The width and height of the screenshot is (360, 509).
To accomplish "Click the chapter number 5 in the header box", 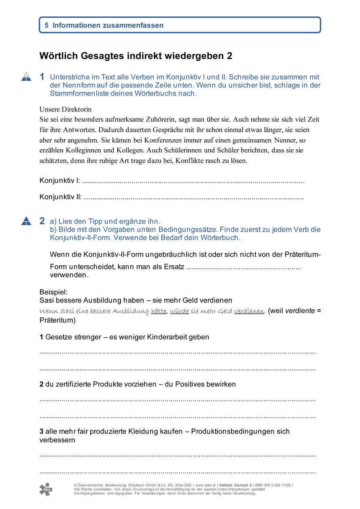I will click(47, 25).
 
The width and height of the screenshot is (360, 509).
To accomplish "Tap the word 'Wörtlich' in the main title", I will click(57, 56).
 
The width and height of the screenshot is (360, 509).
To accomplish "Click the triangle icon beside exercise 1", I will click(26, 77).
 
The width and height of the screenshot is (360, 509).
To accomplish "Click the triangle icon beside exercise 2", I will click(26, 221).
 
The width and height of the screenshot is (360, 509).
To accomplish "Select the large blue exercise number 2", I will click(42, 221).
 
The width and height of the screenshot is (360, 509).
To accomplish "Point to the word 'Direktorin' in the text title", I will click(77, 109).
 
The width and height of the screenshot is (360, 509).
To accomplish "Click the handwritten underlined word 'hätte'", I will click(159, 311).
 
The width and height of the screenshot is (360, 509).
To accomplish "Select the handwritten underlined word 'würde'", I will click(179, 311).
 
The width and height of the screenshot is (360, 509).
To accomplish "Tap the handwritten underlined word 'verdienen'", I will click(249, 311).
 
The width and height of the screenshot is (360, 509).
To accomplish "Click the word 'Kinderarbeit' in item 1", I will click(158, 337).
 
